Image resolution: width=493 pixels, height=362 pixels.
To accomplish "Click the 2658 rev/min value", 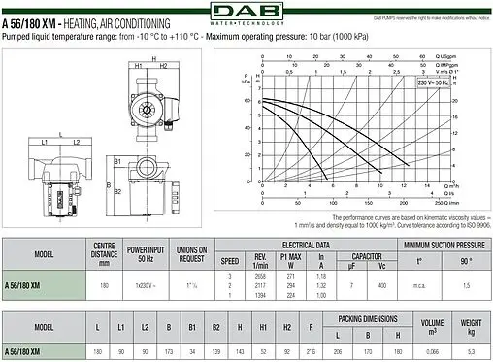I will (x=259, y=276).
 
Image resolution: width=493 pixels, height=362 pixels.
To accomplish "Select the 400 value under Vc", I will (x=381, y=286).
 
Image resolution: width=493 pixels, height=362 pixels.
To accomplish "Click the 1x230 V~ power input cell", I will (x=145, y=286).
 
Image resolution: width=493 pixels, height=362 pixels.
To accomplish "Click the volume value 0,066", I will (x=433, y=350).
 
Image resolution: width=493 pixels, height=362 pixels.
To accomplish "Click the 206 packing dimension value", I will (x=339, y=350).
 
